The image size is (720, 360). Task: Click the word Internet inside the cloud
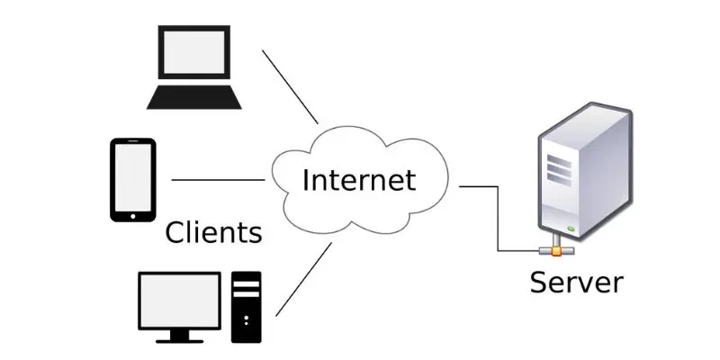(x=359, y=180)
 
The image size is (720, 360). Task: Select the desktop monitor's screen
(x=179, y=300)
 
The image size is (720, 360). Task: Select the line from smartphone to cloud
(x=218, y=180)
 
